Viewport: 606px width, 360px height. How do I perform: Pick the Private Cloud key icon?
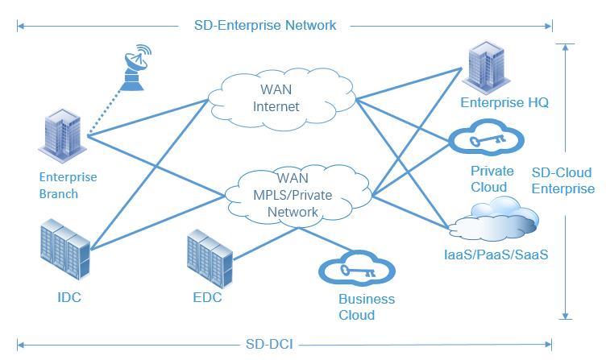point(485,141)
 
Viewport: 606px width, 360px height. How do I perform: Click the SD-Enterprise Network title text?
point(265,25)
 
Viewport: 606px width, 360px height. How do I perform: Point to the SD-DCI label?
point(269,345)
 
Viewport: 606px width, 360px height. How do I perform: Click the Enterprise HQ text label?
point(497,102)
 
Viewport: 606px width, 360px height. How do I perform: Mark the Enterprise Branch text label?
point(68,185)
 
